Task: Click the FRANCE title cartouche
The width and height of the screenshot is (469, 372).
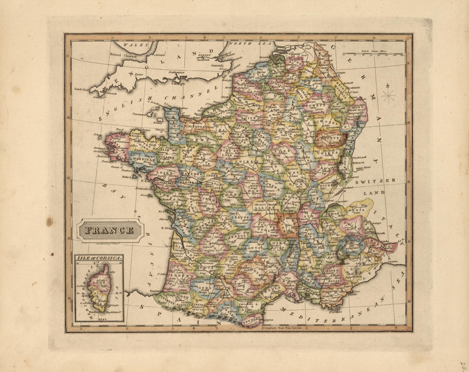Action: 110,231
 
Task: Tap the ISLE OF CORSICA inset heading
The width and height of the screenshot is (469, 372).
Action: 98,258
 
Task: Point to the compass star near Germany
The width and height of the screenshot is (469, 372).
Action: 388,95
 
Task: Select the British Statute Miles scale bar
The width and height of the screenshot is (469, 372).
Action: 373,54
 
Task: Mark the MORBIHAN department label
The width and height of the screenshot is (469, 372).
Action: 143,159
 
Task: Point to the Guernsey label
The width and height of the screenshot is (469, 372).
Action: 153,114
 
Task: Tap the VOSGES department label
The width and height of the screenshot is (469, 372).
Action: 332,152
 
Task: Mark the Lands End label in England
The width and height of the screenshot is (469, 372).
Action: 81,89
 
